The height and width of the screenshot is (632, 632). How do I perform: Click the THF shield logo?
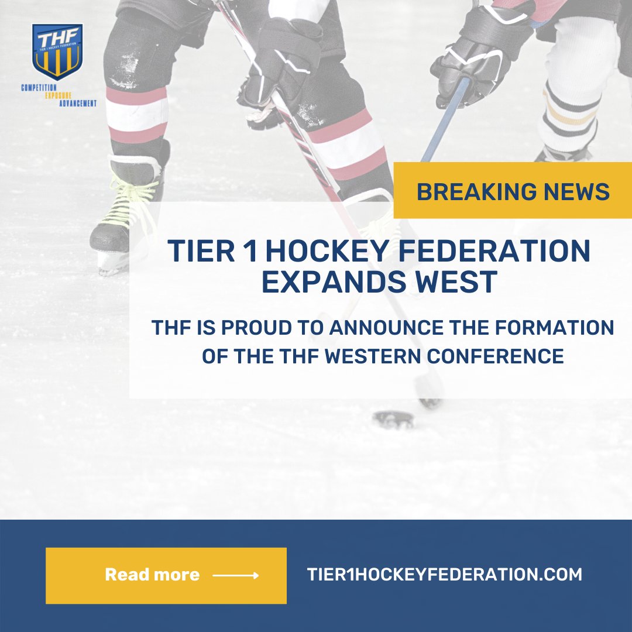pos(57,51)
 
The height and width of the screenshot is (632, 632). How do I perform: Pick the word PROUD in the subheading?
pos(260,328)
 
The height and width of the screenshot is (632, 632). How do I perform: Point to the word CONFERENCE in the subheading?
pos(509,356)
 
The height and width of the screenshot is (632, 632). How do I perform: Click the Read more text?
pos(152,575)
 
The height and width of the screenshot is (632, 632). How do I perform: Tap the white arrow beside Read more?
pos(235,576)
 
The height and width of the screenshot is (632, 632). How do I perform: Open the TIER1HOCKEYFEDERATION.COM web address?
pos(444,574)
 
